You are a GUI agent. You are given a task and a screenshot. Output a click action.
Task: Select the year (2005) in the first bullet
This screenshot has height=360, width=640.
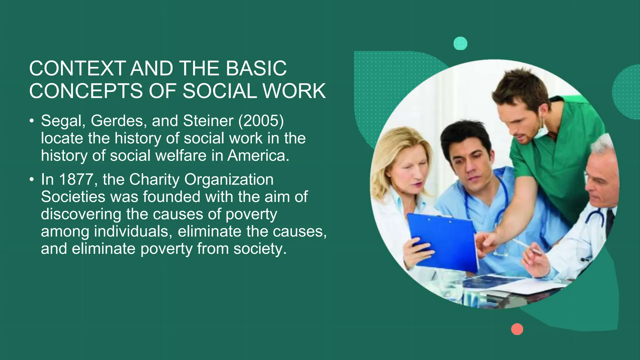click(261, 121)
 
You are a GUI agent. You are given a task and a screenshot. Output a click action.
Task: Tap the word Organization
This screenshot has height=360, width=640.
click(229, 180)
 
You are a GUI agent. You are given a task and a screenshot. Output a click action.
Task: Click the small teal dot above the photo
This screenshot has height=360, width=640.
click(460, 43)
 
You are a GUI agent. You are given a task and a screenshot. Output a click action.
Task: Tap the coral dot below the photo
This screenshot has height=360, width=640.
click(517, 329)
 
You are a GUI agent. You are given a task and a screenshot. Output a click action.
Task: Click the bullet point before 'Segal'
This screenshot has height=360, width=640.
click(32, 121)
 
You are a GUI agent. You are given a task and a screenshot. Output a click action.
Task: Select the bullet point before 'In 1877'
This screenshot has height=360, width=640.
click(32, 180)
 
